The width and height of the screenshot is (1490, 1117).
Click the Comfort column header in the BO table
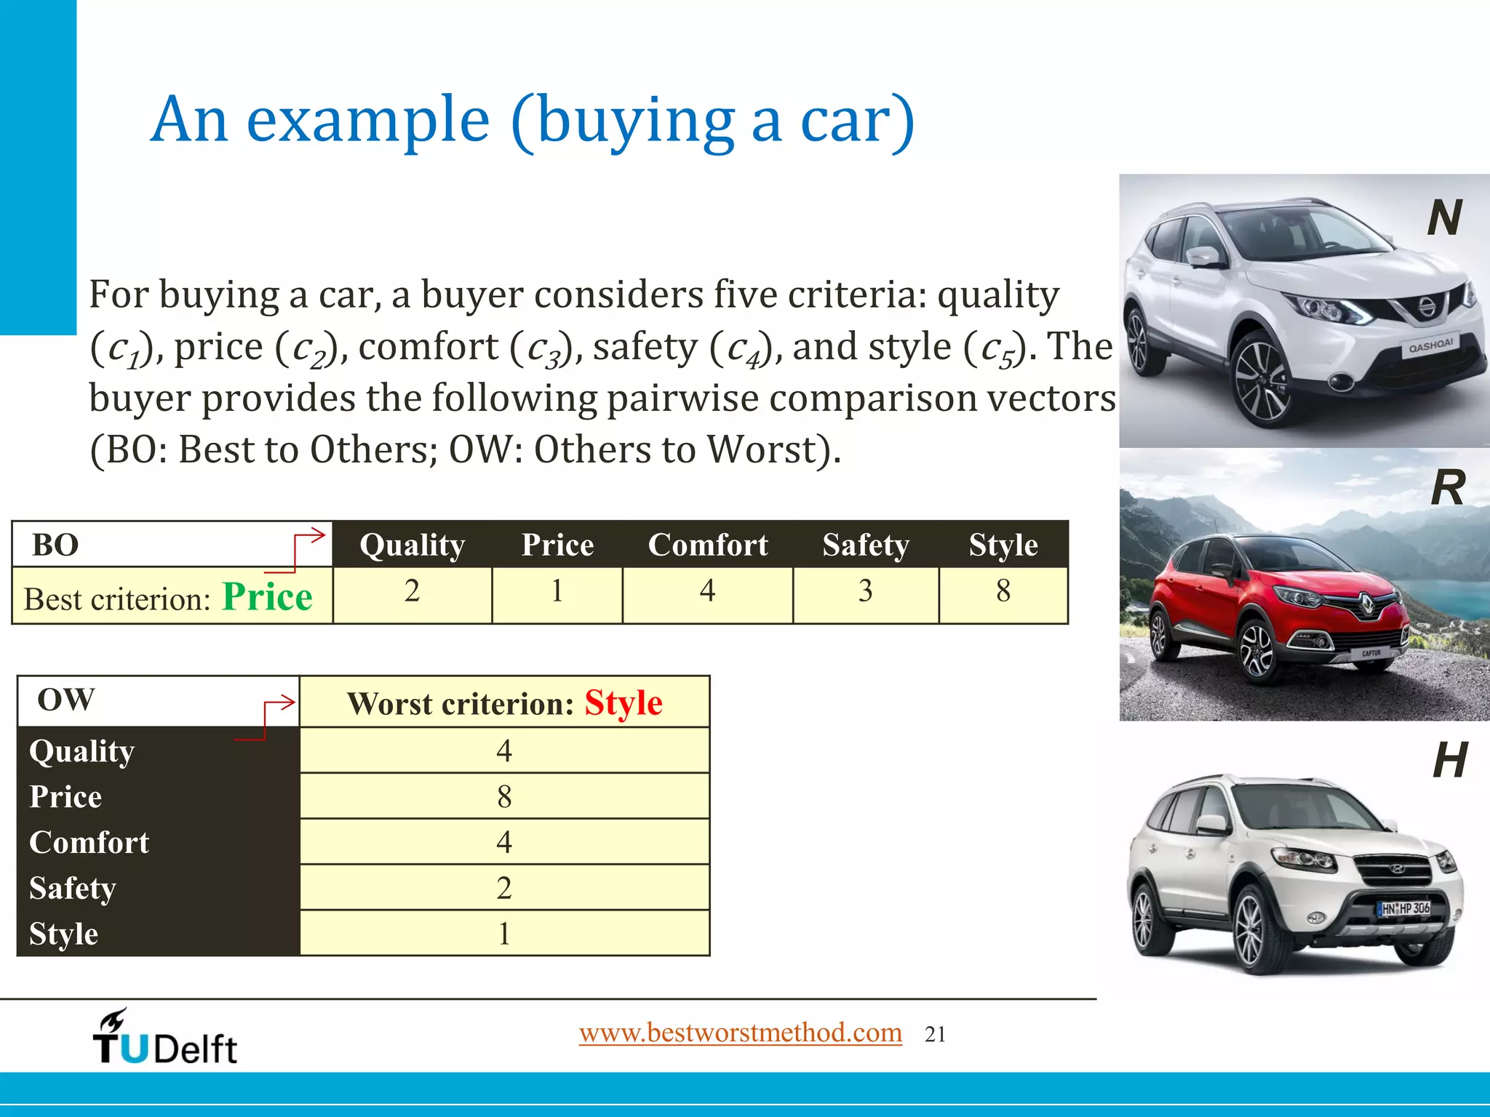pos(707,545)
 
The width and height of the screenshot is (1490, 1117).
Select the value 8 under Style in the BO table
pos(1003,590)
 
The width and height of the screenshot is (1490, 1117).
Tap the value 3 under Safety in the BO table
pos(865,590)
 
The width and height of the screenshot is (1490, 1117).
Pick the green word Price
pos(267,598)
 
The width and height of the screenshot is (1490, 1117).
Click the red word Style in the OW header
pos(624,703)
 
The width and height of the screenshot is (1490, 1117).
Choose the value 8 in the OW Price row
pos(504,796)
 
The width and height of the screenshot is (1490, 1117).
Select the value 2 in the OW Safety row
pos(504,888)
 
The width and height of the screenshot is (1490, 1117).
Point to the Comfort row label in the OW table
pos(89,842)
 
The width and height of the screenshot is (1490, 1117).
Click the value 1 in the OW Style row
pos(504,934)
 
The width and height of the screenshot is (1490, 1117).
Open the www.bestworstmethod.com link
pos(740,1033)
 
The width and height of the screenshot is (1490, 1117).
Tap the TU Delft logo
pos(165,1038)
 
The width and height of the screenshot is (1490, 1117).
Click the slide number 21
pos(935,1035)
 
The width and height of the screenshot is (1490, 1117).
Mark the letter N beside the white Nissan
pos(1444,217)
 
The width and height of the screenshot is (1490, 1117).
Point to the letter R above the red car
pos(1447,488)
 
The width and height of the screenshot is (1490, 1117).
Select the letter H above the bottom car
pos(1449,761)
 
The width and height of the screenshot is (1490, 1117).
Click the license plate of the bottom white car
pos(1404,908)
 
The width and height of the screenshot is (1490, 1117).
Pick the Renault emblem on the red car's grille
pos(1369,603)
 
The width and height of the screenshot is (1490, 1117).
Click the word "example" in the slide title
pos(367,120)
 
